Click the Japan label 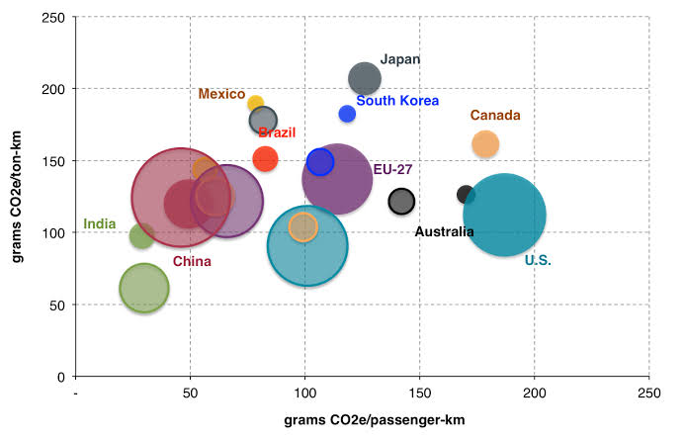pos(399,60)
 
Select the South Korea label pos(397,101)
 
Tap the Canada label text pos(495,116)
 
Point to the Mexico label pos(221,94)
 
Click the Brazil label pos(277,132)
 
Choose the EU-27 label pos(392,169)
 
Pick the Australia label pos(444,232)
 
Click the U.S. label pos(538,260)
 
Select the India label pos(98,223)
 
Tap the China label pos(191,261)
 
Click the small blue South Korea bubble pos(347,114)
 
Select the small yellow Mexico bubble pos(255,104)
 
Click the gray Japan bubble pos(364,79)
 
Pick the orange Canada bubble pos(485,144)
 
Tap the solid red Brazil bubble pos(265,158)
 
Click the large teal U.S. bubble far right pos(505,214)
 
